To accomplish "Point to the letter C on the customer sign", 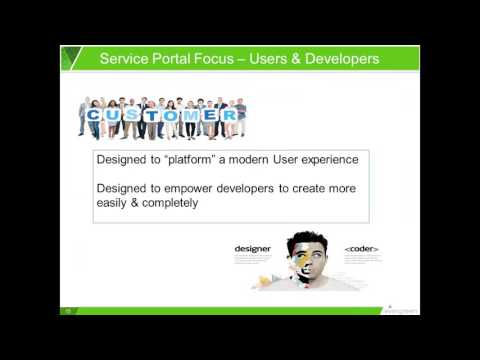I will [x=93, y=116].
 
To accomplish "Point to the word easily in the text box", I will [x=111, y=203].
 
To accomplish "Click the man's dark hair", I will [x=308, y=240].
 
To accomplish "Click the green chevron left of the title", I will [x=69, y=59].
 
